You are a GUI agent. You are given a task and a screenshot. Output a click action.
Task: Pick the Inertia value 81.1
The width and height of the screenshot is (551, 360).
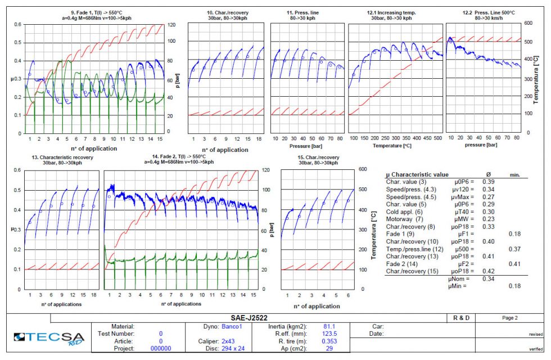(329, 326)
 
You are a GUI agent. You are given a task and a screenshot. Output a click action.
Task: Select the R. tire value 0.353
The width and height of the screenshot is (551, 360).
(329, 341)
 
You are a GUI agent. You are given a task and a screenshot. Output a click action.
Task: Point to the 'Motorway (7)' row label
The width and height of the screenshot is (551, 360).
(405, 219)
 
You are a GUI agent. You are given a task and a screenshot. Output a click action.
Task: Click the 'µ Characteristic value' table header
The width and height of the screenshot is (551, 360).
(417, 175)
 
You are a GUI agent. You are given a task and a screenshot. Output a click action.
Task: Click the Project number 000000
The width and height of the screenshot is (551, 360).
(161, 349)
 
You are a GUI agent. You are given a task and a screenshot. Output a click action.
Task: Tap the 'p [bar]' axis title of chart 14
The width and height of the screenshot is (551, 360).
(271, 229)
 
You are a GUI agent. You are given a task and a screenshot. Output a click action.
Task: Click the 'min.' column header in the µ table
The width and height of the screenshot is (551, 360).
(514, 175)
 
